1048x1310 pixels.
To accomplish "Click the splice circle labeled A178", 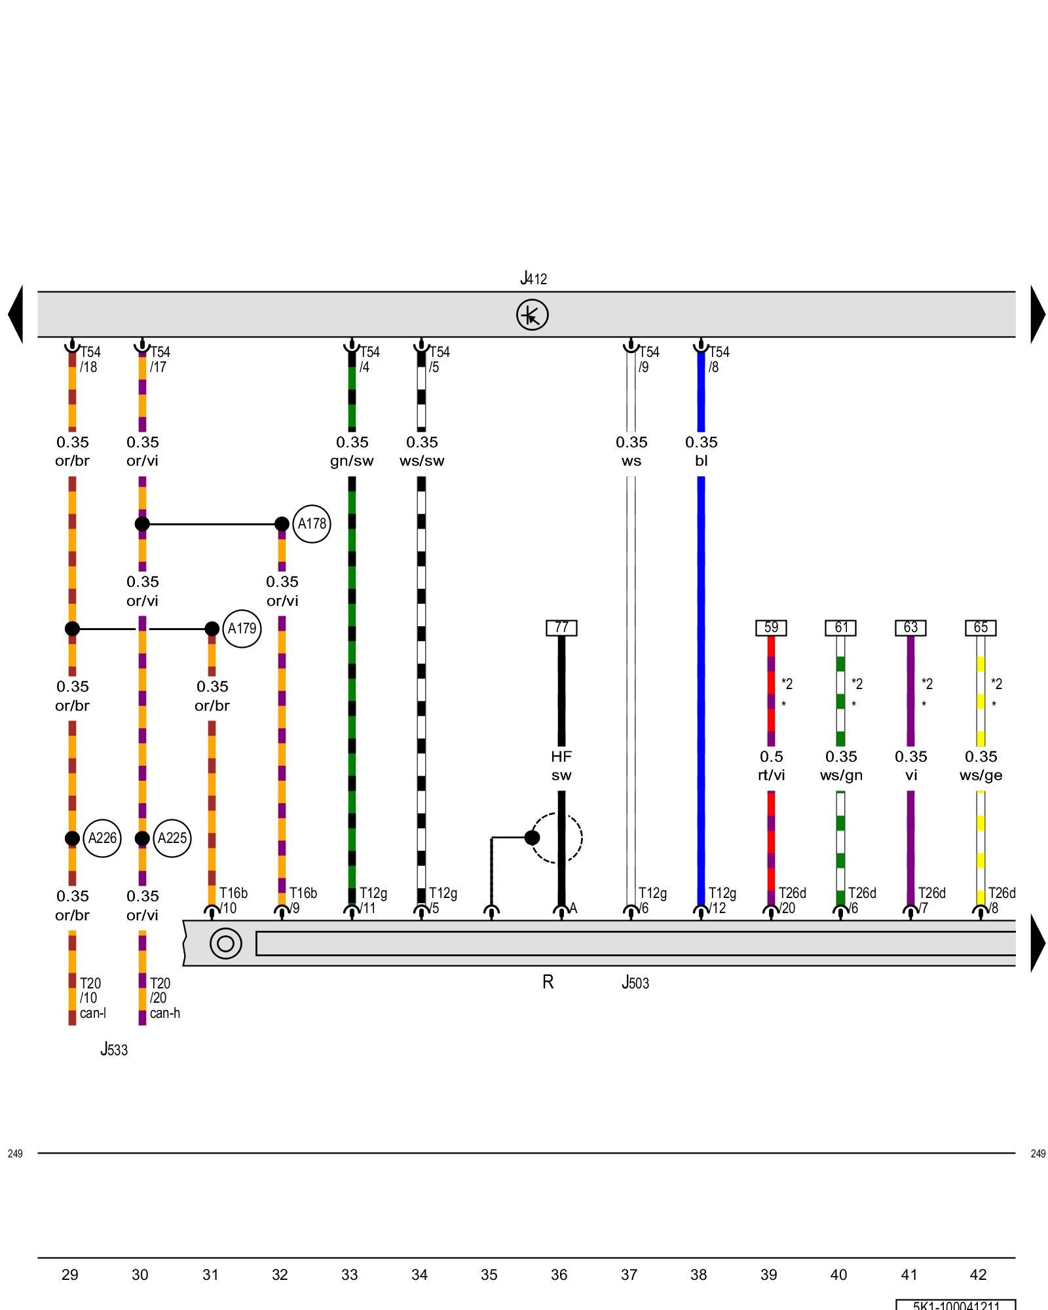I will (311, 524).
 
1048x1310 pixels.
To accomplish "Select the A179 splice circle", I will (242, 629).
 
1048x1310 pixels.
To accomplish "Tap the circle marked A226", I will (102, 838).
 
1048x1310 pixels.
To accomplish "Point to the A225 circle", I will (172, 838).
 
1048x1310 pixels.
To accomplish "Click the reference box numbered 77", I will (561, 627).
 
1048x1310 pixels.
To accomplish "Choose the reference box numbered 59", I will (771, 627).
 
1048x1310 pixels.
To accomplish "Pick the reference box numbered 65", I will (981, 627).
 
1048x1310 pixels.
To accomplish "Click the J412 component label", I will (533, 279).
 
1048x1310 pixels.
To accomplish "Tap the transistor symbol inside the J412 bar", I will (532, 315).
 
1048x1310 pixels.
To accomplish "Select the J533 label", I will (114, 1049).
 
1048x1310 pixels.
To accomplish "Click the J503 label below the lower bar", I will (635, 982).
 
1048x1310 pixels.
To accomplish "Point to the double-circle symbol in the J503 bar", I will (225, 943).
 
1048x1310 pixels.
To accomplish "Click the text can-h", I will (164, 1013).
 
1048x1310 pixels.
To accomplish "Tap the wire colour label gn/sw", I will (352, 461).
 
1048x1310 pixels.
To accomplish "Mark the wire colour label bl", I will (701, 461).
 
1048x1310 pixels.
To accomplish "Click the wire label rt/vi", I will (771, 776).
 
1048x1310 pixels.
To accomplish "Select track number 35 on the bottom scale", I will (489, 1275).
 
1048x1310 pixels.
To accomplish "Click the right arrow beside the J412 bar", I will (1038, 314).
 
